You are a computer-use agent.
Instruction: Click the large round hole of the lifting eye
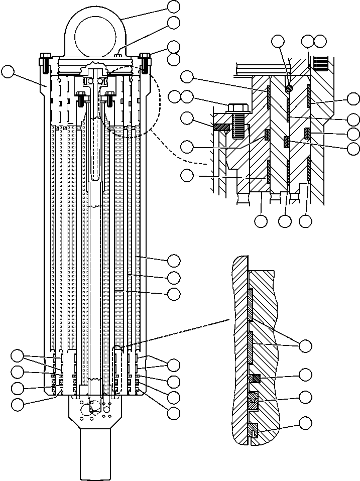pos(95,35)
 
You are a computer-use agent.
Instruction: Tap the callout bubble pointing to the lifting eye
pos(174,6)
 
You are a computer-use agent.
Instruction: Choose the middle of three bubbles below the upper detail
pos(285,220)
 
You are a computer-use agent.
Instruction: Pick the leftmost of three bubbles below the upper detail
pos(261,220)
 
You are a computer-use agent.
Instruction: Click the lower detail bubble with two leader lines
pos(305,346)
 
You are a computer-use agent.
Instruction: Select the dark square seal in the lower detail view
pos(256,378)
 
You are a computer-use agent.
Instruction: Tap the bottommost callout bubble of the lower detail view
pos(305,423)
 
